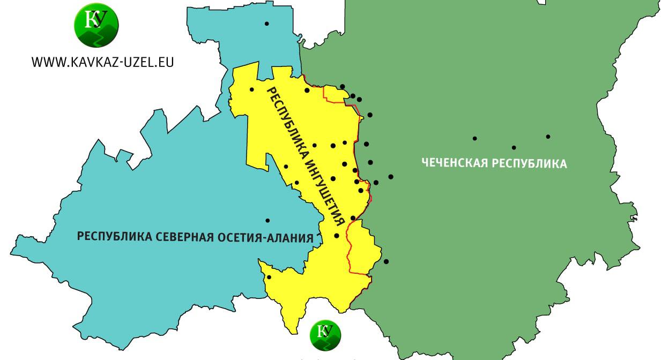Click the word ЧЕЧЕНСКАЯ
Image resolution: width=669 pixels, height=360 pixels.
454,163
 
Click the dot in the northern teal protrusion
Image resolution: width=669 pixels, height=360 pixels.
266,24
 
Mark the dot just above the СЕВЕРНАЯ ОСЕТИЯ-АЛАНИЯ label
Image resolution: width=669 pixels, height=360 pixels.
267,221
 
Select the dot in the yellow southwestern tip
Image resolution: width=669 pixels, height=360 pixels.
269,277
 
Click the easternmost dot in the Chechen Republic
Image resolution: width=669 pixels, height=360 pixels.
548,137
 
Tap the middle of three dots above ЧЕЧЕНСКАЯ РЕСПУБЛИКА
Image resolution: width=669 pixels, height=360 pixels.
514,147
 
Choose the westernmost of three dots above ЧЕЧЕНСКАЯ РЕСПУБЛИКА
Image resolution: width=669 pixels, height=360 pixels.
474,138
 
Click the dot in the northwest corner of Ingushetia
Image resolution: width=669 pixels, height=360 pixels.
251,89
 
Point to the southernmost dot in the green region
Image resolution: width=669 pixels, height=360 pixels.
386,261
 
